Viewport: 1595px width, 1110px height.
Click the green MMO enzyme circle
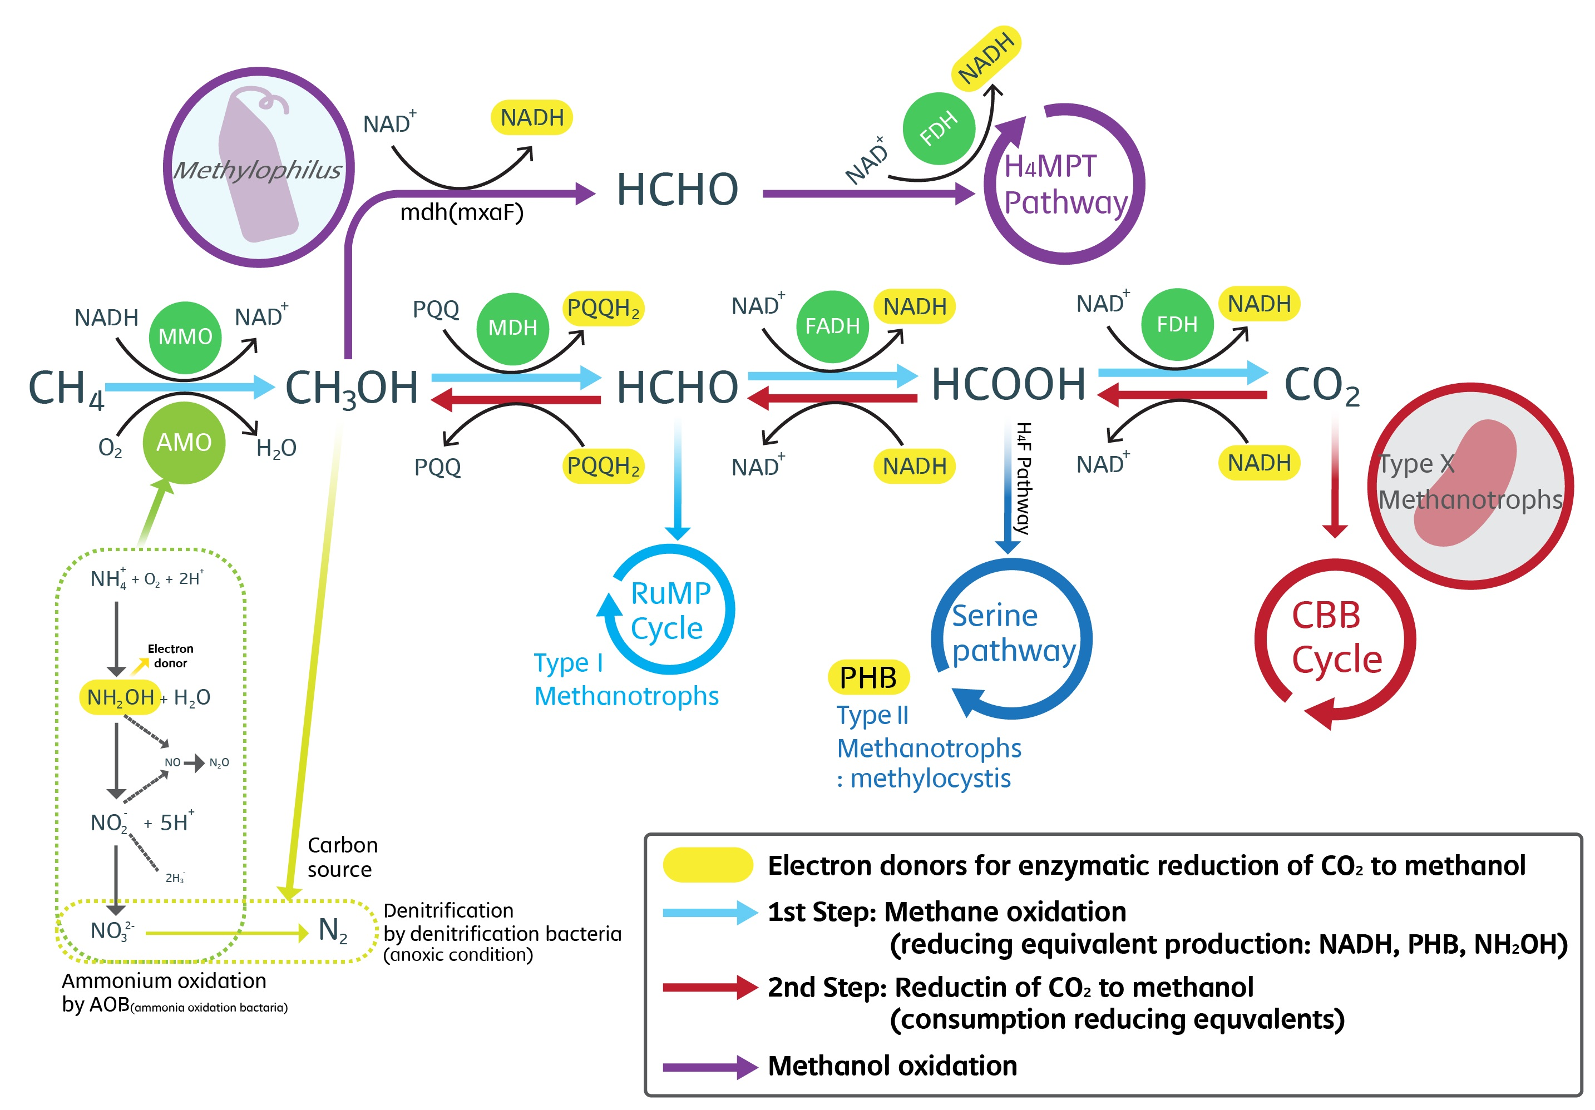185,337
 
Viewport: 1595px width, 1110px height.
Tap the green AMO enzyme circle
184,443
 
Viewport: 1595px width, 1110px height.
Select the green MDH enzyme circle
513,328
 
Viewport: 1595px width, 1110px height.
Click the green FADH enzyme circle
832,326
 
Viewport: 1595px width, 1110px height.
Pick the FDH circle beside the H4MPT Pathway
939,128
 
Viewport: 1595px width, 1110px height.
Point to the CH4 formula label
66,389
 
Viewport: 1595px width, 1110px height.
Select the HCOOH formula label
1009,384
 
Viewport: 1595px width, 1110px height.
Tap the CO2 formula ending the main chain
1321,386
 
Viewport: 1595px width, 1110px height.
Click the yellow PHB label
868,678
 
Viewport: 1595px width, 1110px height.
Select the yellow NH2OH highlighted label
120,697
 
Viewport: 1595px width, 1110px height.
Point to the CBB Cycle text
1336,638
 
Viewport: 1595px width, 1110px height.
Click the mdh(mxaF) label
462,212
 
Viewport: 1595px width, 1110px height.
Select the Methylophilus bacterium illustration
259,167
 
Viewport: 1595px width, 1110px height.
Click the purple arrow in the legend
709,1067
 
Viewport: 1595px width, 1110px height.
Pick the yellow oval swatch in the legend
708,865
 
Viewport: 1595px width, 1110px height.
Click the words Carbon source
343,857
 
